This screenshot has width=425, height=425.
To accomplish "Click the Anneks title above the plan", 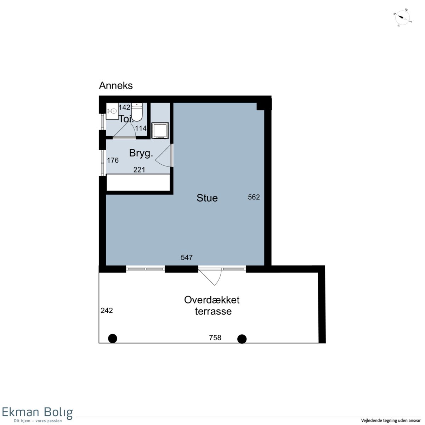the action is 116,86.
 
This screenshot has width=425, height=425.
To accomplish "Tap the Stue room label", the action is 207,198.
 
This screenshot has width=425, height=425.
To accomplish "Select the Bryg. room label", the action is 141,153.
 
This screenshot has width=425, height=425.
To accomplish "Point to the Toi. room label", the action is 126,119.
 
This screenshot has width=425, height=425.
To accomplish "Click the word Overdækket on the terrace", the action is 212,300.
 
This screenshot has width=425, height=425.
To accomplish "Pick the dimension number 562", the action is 254,197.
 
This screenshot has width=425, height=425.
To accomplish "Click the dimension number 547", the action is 187,257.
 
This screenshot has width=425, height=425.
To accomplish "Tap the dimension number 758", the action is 215,338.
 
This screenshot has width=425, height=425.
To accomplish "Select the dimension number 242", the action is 107,311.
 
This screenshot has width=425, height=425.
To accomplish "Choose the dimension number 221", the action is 139,170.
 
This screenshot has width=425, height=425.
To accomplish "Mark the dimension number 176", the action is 113,160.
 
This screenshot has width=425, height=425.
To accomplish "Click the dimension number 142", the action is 124,107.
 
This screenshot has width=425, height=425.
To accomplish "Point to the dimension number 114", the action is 141,128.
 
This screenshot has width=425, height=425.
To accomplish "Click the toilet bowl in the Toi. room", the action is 137,112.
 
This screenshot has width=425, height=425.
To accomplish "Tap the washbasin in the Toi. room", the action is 112,111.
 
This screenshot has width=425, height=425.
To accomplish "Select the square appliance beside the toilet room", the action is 160,131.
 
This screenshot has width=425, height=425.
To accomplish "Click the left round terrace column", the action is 113,338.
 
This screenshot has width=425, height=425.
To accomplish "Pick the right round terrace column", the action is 242,339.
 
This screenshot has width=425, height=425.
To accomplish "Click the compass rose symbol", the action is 402,18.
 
